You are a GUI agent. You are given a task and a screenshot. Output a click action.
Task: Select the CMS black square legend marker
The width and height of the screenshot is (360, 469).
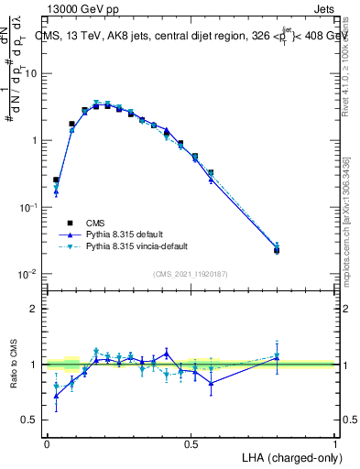coord(69,222)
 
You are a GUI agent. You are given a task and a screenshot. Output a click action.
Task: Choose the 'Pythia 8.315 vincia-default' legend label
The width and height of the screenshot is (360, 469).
coord(140,246)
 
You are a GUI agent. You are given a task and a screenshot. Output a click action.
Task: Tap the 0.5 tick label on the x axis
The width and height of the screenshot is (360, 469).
coord(191,442)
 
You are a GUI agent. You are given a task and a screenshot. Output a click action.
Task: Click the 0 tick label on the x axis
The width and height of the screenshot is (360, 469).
coord(47,442)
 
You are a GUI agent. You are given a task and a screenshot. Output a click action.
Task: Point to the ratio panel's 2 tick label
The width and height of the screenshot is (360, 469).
coord(35,309)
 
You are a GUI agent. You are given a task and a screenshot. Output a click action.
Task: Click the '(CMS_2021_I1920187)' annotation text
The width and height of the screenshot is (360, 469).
coord(191,273)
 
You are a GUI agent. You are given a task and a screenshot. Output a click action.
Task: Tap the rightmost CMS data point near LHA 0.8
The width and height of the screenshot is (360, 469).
coord(278,250)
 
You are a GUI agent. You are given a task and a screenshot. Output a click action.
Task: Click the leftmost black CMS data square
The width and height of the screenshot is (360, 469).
coord(56,180)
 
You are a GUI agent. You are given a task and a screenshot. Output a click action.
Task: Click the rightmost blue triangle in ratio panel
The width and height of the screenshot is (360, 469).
coord(278,358)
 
